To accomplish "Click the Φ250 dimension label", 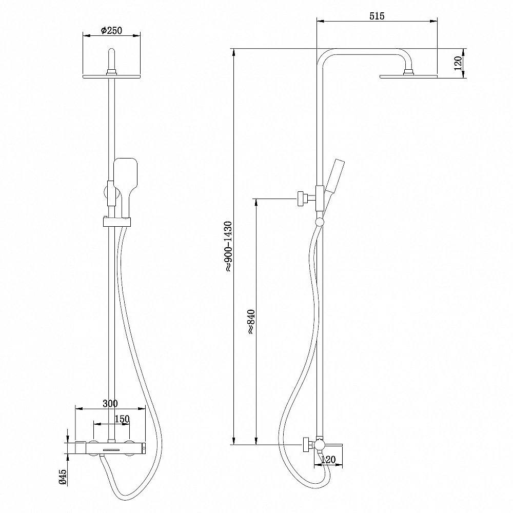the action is [111, 30].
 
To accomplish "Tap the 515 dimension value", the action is [377, 16].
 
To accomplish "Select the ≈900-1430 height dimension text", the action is [228, 246].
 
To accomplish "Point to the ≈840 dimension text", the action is [251, 321].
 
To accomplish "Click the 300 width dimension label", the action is [110, 403].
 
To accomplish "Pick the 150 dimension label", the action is [122, 419].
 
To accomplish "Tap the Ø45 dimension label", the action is [63, 477].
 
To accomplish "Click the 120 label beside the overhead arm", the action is [458, 63].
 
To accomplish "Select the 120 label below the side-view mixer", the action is [328, 460].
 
